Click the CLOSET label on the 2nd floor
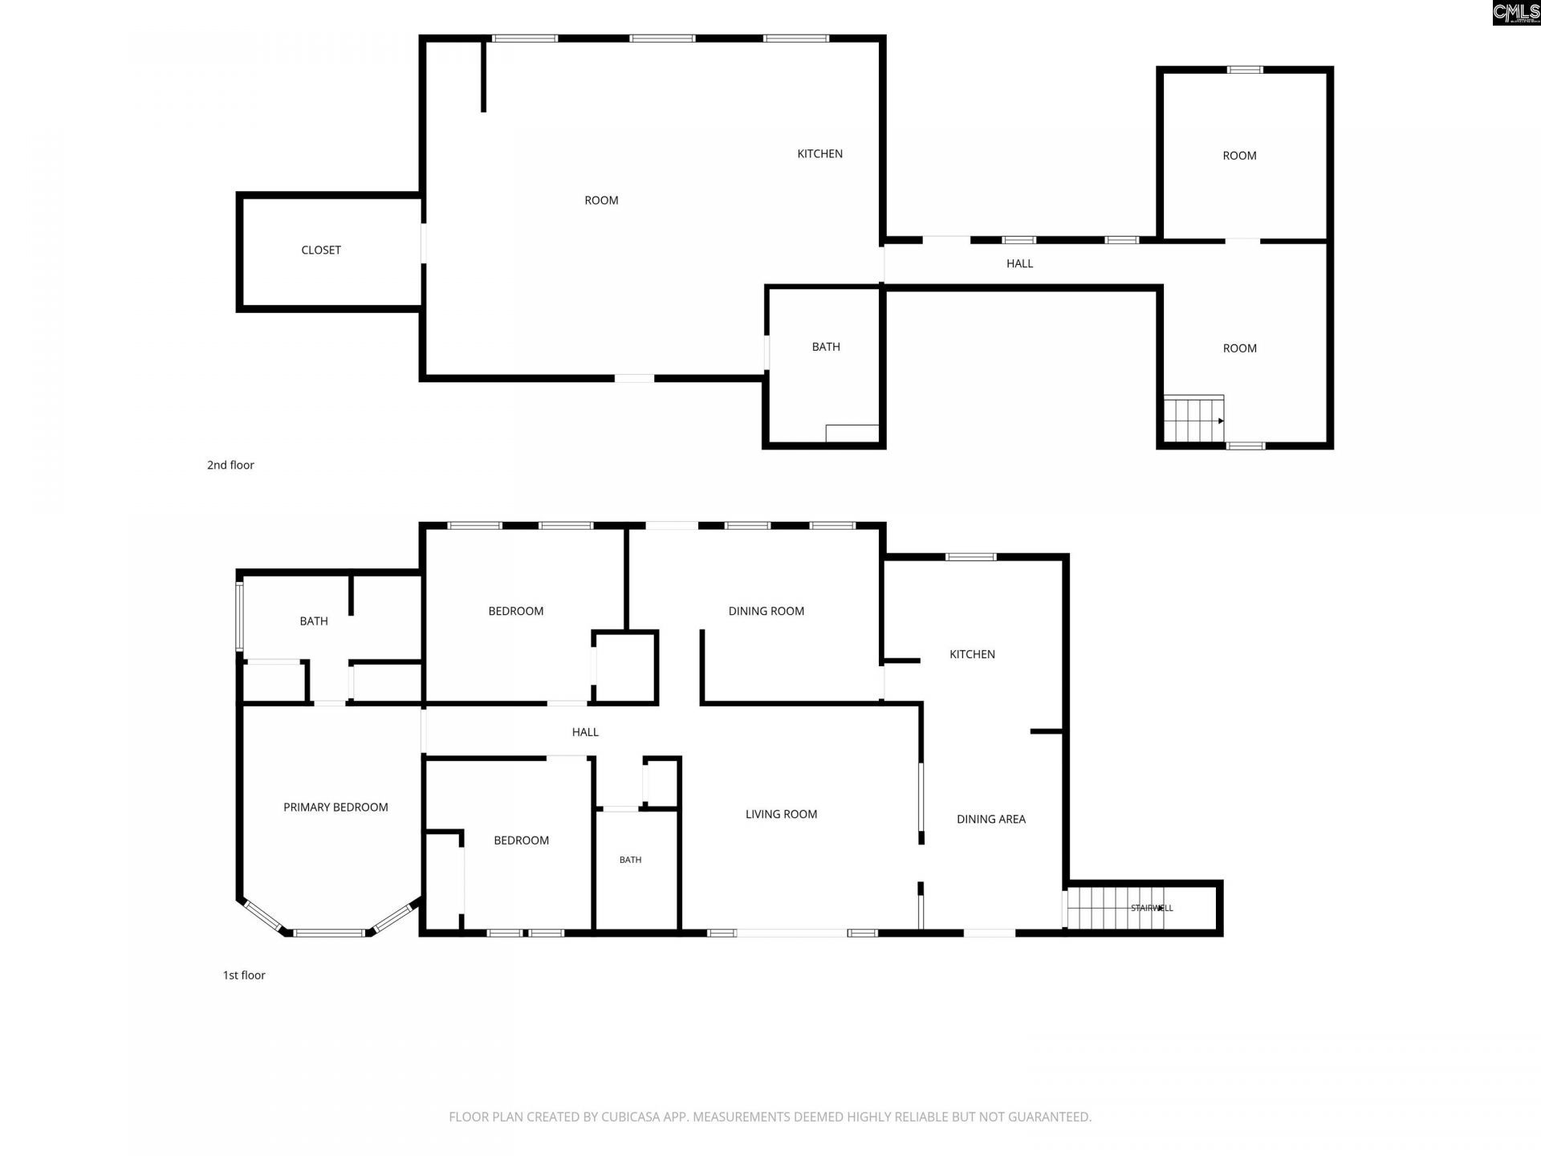[x=321, y=250]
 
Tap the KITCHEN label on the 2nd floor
[x=819, y=154]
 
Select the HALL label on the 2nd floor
[x=1019, y=263]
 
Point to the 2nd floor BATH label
[x=826, y=347]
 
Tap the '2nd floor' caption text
[x=230, y=465]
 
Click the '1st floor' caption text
[x=244, y=975]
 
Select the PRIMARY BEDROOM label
[x=335, y=808]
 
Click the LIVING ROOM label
[x=781, y=814]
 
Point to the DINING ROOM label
[x=766, y=612]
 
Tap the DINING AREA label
[x=991, y=820]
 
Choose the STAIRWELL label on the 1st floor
[x=1152, y=908]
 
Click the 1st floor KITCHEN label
[x=972, y=654]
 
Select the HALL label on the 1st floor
[x=585, y=732]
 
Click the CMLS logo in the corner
[x=1516, y=13]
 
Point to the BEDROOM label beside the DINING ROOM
[x=516, y=612]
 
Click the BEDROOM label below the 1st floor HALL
[x=522, y=841]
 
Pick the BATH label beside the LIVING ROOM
[x=630, y=860]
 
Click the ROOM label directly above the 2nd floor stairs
[x=1239, y=348]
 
